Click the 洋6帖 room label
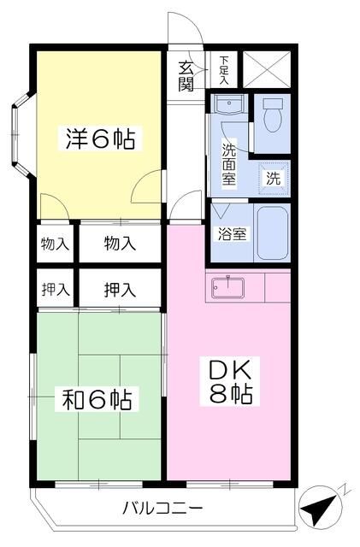tap(100, 138)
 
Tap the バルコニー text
tap(162, 509)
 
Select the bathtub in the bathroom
tap(273, 232)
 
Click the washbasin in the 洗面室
tap(229, 108)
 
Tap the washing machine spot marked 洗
tap(273, 179)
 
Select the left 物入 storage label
tap(56, 244)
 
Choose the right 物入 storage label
tap(120, 244)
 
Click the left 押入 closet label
tap(56, 289)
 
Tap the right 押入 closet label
tap(120, 289)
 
